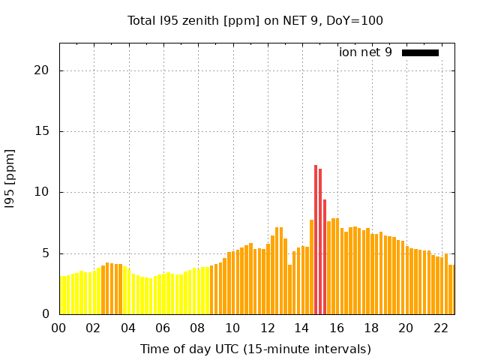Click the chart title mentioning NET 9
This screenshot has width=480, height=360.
(255, 20)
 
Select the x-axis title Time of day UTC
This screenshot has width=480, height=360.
(255, 349)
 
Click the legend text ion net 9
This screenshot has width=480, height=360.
(365, 52)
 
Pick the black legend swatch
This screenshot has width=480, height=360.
(420, 52)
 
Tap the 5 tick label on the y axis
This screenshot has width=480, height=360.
(46, 253)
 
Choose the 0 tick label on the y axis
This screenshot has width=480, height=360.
(46, 314)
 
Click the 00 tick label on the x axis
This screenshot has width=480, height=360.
(59, 328)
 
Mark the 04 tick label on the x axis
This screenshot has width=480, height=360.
(128, 328)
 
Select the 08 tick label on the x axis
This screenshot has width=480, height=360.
(198, 328)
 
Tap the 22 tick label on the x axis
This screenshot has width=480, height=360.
(441, 328)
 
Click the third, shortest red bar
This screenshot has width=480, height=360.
(325, 256)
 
